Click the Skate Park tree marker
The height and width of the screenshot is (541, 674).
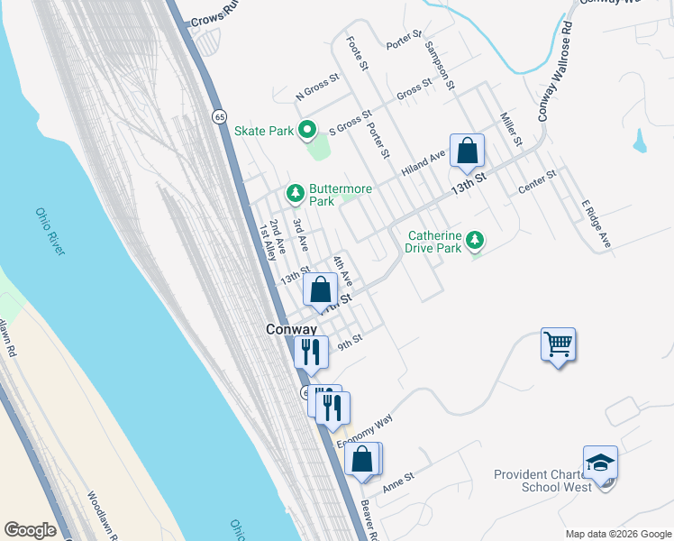[306, 131]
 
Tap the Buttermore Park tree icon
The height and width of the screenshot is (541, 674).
[295, 193]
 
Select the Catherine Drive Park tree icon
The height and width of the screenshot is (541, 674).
[475, 240]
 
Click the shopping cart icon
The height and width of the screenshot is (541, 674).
[558, 344]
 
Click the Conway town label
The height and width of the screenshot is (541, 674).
[291, 330]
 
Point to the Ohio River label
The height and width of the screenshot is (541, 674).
[50, 231]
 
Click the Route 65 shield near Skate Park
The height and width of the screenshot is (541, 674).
[219, 116]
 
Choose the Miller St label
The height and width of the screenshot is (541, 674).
[511, 129]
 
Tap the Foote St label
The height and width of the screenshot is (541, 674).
[358, 53]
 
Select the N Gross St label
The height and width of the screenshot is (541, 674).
[317, 87]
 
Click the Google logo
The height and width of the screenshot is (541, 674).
[30, 530]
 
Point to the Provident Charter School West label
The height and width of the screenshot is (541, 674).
[543, 481]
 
